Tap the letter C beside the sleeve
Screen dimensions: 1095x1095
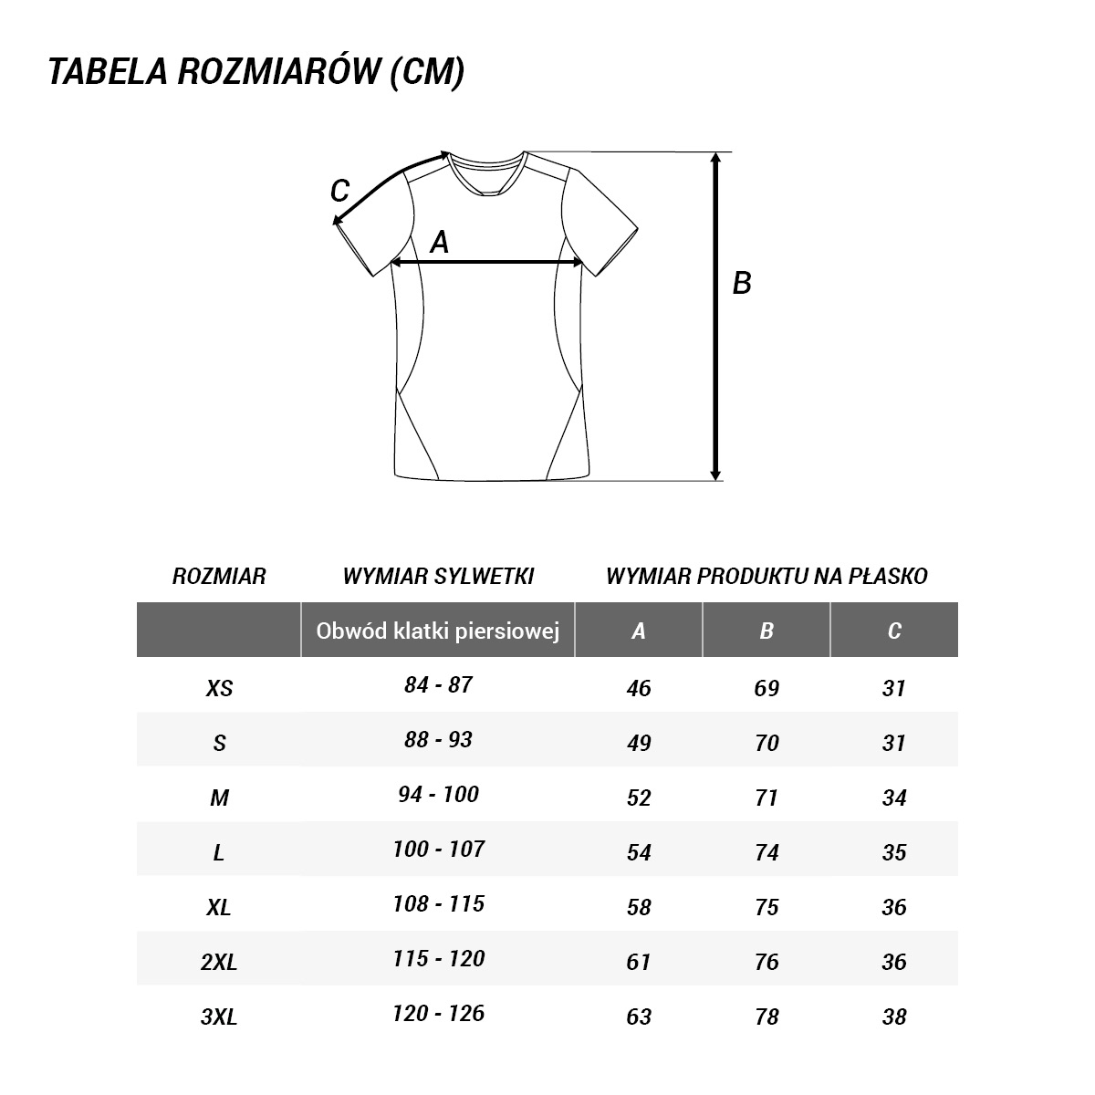339,192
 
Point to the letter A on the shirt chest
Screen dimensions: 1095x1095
440,242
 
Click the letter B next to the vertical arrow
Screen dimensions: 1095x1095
742,283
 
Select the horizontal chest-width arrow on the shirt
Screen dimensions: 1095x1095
486,263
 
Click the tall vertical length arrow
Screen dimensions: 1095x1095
716,316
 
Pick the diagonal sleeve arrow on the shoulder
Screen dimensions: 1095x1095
391,187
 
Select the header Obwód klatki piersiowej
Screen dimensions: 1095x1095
437,631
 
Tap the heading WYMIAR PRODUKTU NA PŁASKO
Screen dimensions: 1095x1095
766,576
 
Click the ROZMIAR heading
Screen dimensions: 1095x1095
219,576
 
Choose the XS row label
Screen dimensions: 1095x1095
219,688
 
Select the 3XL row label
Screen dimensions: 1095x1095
219,1017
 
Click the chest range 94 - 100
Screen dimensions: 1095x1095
438,795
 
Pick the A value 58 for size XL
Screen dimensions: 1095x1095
639,907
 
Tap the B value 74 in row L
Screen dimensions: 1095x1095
766,852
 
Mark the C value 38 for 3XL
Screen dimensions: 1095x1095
894,1017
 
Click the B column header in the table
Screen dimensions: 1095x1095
766,631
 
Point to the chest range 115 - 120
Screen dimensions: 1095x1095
438,959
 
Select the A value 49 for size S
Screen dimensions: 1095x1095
639,743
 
